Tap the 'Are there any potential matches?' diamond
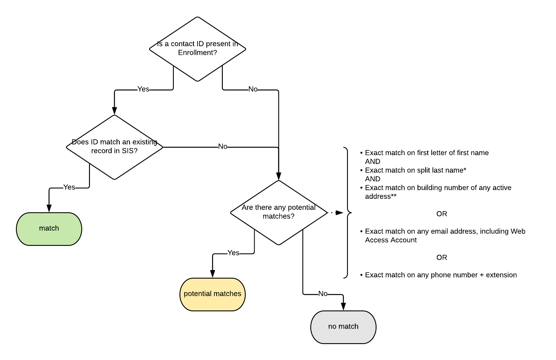(278, 212)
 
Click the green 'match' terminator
(49, 229)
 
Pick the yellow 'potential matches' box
(213, 294)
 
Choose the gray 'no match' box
(343, 327)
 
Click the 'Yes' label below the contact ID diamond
(143, 89)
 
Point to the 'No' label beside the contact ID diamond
(253, 89)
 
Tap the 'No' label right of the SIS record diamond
(223, 146)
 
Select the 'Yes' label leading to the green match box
(69, 187)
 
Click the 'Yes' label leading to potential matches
(233, 253)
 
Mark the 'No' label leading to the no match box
(323, 294)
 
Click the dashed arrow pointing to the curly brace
(335, 213)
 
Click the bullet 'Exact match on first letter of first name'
(426, 153)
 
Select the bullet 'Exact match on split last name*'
(415, 170)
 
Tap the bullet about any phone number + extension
(440, 275)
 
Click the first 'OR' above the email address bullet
(442, 214)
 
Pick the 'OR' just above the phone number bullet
(442, 257)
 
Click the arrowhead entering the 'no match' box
(343, 307)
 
